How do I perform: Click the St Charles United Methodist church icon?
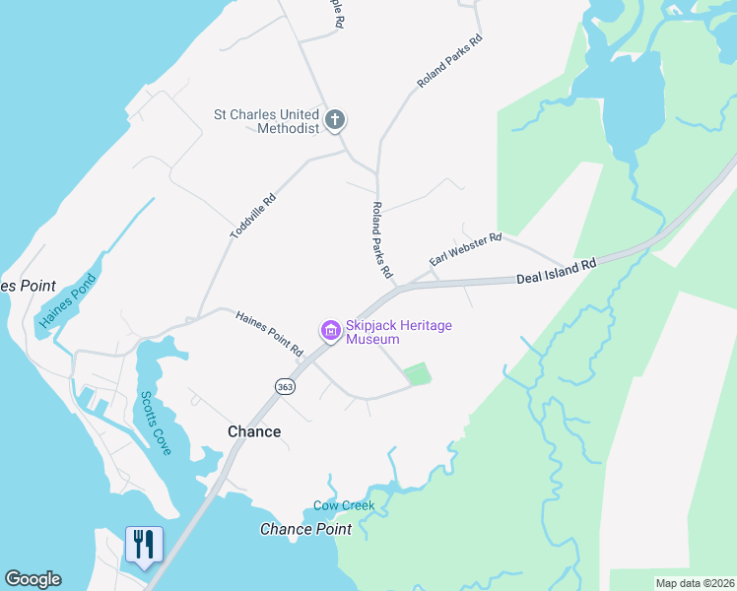pyautogui.click(x=335, y=121)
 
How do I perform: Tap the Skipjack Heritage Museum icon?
pyautogui.click(x=330, y=332)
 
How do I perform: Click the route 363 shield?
pyautogui.click(x=285, y=387)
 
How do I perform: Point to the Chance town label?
pyautogui.click(x=254, y=431)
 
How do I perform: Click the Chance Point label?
pyautogui.click(x=305, y=529)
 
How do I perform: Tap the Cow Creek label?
pyautogui.click(x=344, y=505)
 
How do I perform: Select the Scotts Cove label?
pyautogui.click(x=155, y=423)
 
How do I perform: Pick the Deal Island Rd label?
pyautogui.click(x=557, y=272)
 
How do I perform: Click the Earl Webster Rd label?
pyautogui.click(x=466, y=249)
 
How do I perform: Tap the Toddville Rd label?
pyautogui.click(x=252, y=216)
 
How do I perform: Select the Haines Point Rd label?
pyautogui.click(x=269, y=333)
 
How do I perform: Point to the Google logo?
pyautogui.click(x=33, y=579)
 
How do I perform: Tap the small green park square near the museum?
pyautogui.click(x=418, y=374)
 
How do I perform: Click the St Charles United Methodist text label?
pyautogui.click(x=267, y=121)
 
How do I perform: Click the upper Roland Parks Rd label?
pyautogui.click(x=449, y=61)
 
